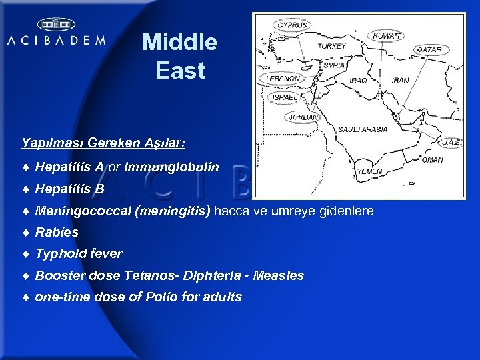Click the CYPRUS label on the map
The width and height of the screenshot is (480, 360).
click(292, 25)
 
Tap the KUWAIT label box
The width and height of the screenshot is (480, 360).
click(387, 35)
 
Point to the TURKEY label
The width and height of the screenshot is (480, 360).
click(331, 47)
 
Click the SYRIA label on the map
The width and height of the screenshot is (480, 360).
click(334, 65)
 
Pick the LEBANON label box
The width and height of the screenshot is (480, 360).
click(283, 78)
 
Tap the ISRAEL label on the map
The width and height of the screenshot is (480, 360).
click(285, 97)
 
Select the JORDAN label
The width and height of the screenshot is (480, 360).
click(303, 117)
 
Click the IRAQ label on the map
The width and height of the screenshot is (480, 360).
click(358, 81)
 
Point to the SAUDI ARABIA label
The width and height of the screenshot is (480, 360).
click(363, 129)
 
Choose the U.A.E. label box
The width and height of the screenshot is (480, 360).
click(451, 142)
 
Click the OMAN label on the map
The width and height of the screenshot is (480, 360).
click(432, 160)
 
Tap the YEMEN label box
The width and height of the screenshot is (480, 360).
click(370, 171)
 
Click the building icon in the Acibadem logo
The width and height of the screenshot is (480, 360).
click(55, 25)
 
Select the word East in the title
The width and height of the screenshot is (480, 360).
click(180, 71)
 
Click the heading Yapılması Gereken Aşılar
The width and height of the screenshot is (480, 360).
click(103, 143)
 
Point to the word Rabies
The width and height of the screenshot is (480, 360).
click(57, 233)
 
